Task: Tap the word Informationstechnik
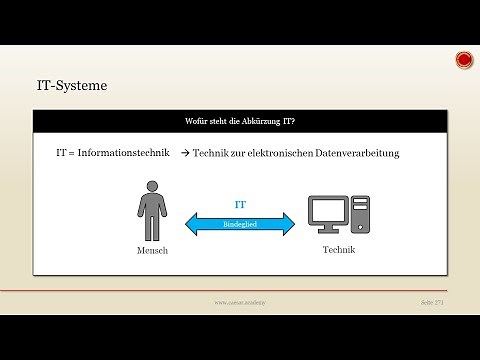point(126,154)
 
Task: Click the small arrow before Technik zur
point(185,154)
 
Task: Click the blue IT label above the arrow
point(240,203)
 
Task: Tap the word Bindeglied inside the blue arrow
point(240,224)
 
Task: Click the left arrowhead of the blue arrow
point(189,224)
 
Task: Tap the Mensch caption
point(152,251)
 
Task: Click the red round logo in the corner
point(464,61)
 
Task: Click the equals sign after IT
point(72,154)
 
